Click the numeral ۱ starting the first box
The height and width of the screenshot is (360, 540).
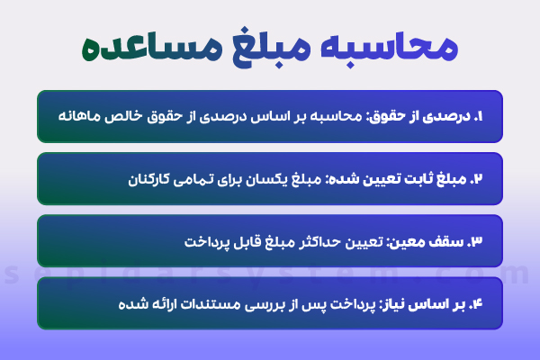(479, 115)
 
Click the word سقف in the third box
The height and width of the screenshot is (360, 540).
(449, 241)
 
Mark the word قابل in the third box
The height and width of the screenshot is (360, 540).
(237, 241)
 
